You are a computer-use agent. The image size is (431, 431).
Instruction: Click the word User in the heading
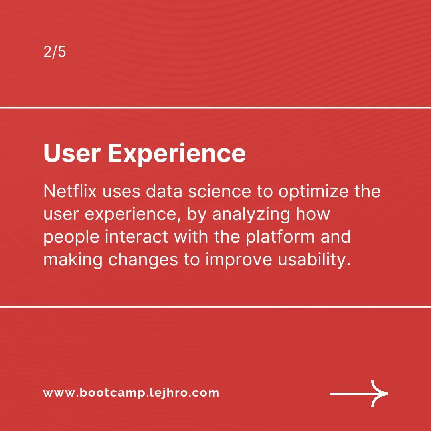pyautogui.click(x=72, y=153)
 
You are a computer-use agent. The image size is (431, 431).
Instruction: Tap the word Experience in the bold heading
pyautogui.click(x=176, y=153)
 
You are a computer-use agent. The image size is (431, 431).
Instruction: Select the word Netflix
pyautogui.click(x=70, y=192)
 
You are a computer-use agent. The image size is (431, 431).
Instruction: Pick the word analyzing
pyautogui.click(x=251, y=214)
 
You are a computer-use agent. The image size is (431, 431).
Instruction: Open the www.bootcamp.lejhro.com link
pyautogui.click(x=131, y=393)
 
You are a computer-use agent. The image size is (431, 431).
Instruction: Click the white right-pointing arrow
pyautogui.click(x=359, y=393)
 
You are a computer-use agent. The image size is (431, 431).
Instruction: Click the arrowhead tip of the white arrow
pyautogui.click(x=386, y=393)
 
